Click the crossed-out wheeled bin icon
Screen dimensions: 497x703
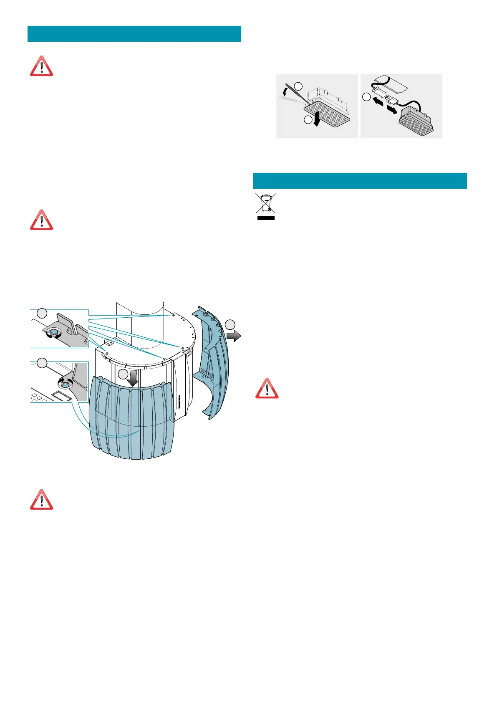pos(265,204)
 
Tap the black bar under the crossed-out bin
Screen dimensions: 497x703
pos(266,217)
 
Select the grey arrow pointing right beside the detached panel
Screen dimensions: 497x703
pos(234,335)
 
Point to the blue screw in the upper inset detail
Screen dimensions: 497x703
pos(53,333)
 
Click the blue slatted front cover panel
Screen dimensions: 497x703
pos(131,417)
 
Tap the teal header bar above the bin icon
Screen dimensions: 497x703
pos(360,181)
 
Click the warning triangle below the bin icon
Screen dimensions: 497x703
pos(267,389)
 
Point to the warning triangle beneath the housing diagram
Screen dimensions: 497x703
pos(41,500)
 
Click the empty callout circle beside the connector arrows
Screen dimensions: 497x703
pos(366,97)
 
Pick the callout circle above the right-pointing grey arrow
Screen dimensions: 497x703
pos(230,324)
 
